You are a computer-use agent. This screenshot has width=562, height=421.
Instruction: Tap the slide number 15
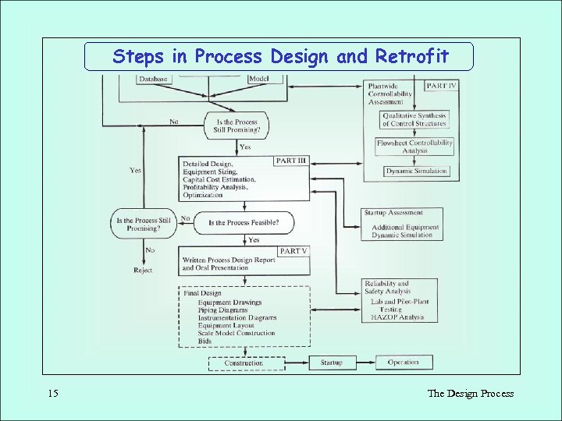pos(52,393)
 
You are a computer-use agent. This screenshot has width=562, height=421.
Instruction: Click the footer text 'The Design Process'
pos(470,393)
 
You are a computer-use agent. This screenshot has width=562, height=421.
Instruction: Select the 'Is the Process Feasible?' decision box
pos(244,223)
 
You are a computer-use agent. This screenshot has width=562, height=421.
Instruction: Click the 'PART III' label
pos(292,161)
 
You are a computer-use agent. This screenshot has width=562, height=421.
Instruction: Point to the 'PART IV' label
pos(440,85)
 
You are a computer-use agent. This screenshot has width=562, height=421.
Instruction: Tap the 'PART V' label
pos(294,251)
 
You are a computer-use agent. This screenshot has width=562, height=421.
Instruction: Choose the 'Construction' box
pos(244,363)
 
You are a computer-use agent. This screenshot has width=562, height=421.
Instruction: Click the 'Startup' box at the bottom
pos(331,363)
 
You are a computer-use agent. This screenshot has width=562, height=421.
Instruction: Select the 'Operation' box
pos(404,363)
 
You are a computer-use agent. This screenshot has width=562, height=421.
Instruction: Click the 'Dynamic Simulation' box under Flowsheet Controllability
pos(417,171)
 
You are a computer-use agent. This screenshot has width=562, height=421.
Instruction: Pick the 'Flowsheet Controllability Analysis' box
pos(414,147)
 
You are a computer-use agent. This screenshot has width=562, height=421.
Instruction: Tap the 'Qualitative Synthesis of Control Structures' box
pos(414,119)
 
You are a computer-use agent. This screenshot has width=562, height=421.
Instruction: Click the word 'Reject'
pos(143,271)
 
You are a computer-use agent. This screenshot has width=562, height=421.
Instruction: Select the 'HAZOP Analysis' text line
pos(397,317)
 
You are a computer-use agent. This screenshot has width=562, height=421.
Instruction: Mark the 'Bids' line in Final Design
pos(205,341)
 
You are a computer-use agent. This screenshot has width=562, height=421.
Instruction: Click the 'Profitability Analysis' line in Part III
pos(215,187)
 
